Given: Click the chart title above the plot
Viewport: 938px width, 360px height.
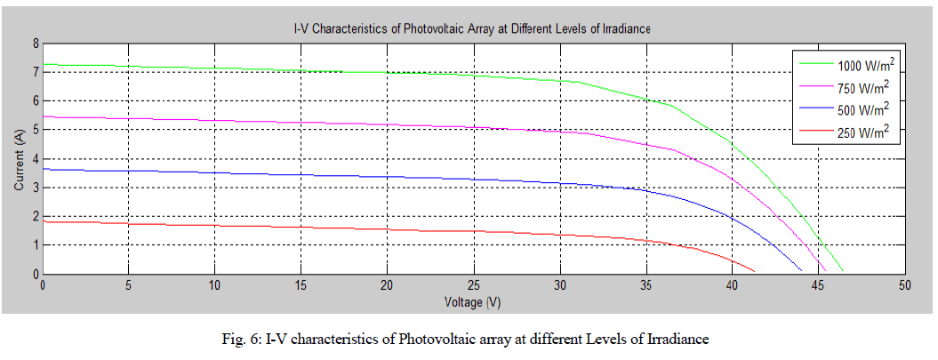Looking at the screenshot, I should tap(473, 29).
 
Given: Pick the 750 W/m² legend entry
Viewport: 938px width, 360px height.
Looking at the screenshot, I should tap(864, 88).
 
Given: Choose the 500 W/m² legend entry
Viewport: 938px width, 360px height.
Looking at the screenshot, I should tap(864, 110).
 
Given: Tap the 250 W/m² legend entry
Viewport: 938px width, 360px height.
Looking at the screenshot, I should tap(864, 133).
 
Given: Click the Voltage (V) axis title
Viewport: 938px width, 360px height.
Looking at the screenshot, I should tap(472, 302).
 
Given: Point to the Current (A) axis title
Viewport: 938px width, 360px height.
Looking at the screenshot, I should tap(19, 158).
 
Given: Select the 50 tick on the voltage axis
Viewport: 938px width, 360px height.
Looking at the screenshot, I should tap(904, 286).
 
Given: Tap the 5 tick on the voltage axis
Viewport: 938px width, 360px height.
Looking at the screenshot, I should tap(129, 286).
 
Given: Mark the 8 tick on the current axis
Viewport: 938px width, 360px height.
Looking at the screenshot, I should tap(36, 43).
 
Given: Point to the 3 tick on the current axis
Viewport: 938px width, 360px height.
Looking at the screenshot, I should tap(36, 188).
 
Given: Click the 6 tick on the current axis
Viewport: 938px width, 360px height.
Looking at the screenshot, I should tap(36, 100).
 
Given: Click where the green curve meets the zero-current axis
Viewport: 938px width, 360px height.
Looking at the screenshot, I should tap(842, 271).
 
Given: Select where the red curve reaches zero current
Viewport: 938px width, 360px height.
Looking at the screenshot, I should tap(755, 271).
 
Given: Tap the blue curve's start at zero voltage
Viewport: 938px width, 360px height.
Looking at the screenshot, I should tap(44, 169).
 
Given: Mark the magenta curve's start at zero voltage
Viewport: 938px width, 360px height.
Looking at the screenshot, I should tap(44, 116).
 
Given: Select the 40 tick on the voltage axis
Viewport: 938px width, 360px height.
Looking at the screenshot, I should tap(732, 286).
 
